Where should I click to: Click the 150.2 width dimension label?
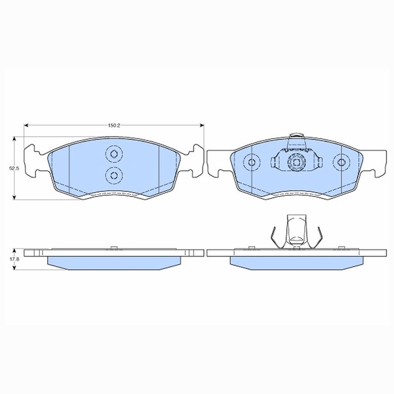point(114,125)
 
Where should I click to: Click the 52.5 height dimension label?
point(14,169)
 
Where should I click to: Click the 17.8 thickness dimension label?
point(14,259)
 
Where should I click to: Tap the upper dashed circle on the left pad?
point(114,154)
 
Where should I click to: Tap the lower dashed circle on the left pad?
point(114,175)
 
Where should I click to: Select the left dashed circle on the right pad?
point(251,162)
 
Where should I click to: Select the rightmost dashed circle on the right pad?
point(341,162)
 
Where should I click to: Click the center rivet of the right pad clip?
point(297,162)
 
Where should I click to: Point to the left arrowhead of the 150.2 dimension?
point(26,125)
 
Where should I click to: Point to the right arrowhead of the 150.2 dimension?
point(202,125)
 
